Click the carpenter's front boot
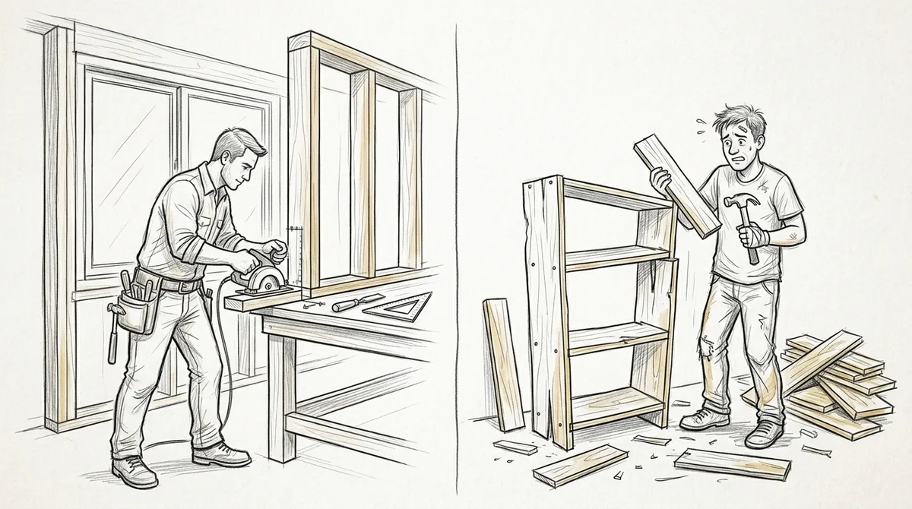point(222,456)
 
